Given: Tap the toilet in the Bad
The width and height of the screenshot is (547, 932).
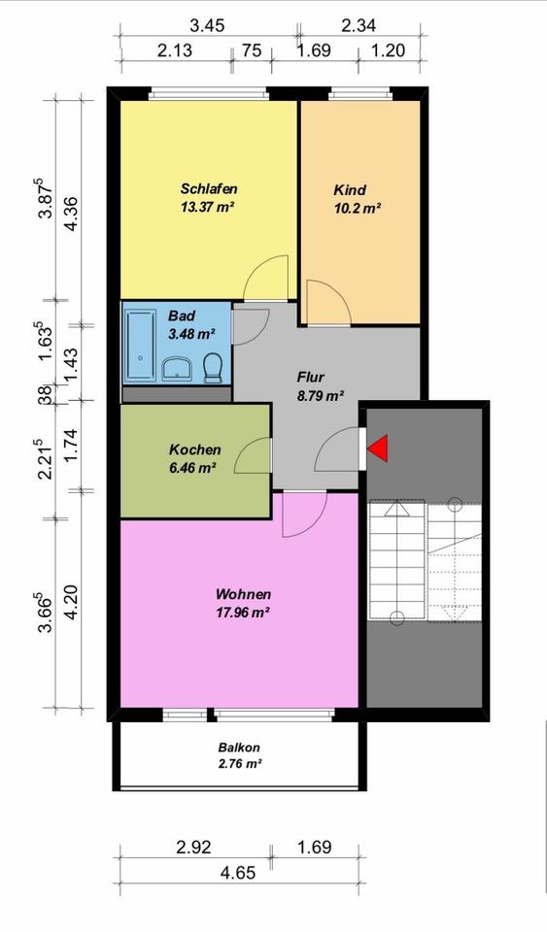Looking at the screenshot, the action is click(x=212, y=368).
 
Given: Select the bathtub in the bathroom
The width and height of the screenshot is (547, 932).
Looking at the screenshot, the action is click(x=140, y=343).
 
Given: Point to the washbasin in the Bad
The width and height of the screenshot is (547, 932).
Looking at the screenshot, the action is click(x=177, y=369).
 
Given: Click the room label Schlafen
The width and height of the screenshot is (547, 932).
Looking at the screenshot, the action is click(x=209, y=189).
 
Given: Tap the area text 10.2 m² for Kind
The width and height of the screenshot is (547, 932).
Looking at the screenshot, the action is click(x=357, y=209).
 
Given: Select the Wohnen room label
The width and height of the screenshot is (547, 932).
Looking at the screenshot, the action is click(x=243, y=594).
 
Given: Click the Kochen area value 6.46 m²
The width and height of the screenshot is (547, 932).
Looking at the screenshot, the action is click(x=192, y=468).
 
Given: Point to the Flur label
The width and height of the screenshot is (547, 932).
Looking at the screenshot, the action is click(x=310, y=377).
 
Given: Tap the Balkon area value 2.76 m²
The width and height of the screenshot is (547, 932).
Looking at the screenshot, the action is click(x=239, y=764).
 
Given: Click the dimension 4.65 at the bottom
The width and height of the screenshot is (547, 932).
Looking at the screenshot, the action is click(x=238, y=873).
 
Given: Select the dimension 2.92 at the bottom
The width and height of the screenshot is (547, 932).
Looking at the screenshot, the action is click(x=193, y=847).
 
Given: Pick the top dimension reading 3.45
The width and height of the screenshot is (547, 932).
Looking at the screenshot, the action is click(x=207, y=25).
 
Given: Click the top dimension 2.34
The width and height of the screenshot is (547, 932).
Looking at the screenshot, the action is click(x=359, y=25).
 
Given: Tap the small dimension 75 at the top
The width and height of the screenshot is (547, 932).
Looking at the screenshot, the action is click(x=252, y=50).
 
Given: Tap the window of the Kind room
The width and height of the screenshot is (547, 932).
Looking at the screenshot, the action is click(x=359, y=93).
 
